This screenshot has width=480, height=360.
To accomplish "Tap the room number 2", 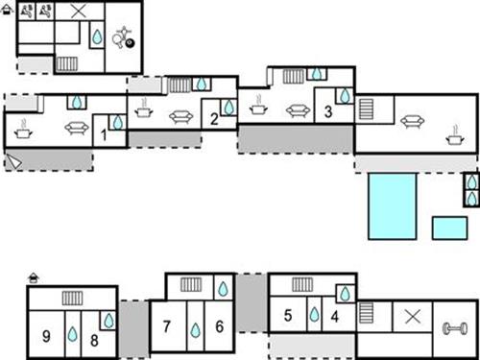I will [x=213, y=120].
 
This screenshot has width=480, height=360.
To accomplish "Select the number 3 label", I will [x=327, y=112].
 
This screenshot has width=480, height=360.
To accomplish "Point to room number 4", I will [x=335, y=315].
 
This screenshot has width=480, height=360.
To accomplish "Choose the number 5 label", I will [x=288, y=314].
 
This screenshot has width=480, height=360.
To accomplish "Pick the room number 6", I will [x=219, y=326].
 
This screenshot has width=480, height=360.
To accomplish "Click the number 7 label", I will [x=167, y=326].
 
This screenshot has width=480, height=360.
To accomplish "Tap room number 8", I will [x=94, y=338].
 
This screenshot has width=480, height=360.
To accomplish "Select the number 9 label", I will [x=46, y=336].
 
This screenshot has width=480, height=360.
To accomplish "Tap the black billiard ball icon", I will [x=131, y=42].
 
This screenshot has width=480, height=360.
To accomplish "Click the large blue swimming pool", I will [x=392, y=205].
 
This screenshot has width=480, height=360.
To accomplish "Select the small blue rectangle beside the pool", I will [x=449, y=228].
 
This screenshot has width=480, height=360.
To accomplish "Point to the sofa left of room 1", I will [x=76, y=128].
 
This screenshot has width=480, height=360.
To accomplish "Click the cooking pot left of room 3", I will [x=257, y=108].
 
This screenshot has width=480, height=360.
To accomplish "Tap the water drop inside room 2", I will [x=229, y=107].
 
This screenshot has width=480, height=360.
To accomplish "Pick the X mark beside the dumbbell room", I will [x=413, y=316].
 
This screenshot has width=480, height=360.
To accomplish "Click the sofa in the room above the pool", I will [x=414, y=121].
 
